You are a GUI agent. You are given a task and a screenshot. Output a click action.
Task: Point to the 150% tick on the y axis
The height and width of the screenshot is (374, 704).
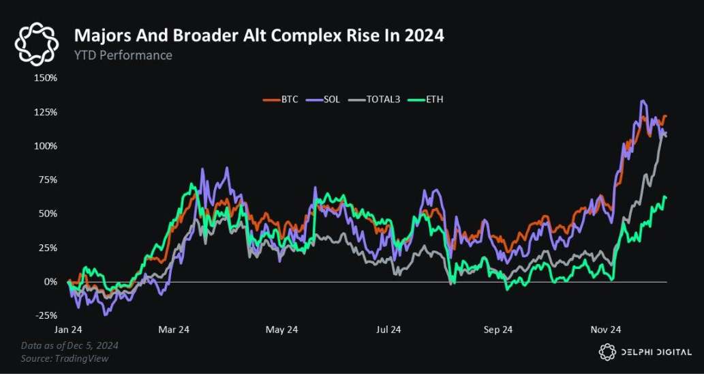click(x=46, y=78)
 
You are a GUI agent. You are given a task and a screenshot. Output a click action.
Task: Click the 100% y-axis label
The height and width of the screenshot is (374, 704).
click(x=46, y=146)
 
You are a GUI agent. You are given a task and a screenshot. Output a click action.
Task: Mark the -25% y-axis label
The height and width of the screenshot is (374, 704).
click(x=46, y=315)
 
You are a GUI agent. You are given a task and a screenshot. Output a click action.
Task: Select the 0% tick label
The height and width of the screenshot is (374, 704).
click(x=51, y=281)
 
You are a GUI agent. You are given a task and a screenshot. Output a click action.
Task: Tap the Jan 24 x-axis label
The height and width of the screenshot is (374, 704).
click(x=68, y=330)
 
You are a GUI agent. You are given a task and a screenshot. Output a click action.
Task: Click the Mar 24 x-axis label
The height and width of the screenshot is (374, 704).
click(x=174, y=330)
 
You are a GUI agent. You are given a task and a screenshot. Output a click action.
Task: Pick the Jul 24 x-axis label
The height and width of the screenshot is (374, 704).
click(x=388, y=330)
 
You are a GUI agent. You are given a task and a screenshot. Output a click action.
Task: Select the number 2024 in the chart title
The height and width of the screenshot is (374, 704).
click(x=423, y=35)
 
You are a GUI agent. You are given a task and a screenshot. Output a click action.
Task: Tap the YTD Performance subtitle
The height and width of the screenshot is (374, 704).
click(x=123, y=55)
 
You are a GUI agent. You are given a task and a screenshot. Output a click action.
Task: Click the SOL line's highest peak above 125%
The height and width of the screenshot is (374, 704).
click(x=642, y=102)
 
